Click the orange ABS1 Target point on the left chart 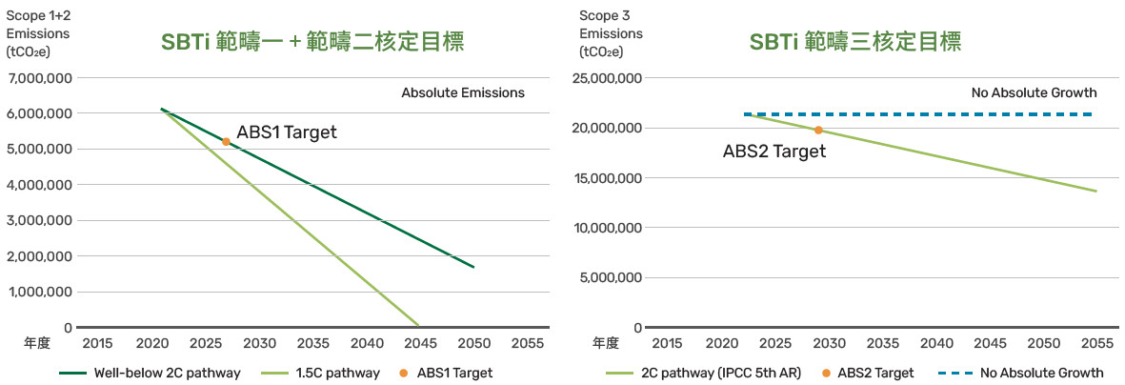(226, 142)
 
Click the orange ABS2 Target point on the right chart (818, 130)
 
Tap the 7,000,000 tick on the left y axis (40, 78)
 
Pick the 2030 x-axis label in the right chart (829, 343)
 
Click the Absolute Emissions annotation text (463, 93)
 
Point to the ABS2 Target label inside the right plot (773, 151)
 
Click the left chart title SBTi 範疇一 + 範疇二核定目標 (312, 42)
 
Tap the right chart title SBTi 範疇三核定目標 (854, 42)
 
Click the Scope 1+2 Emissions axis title (38, 33)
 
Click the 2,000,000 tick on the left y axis (40, 256)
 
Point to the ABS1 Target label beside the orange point (287, 132)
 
